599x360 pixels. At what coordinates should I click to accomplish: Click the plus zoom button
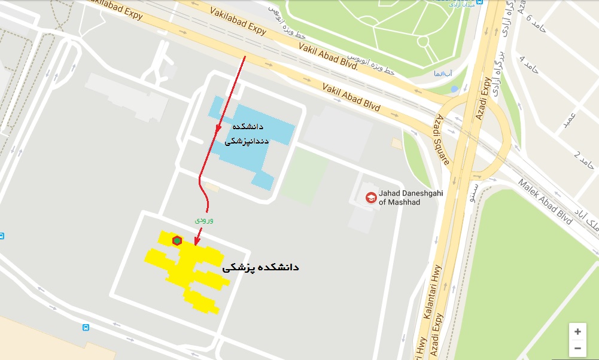click(x=577, y=331)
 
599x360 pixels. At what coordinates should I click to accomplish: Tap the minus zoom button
click(x=577, y=347)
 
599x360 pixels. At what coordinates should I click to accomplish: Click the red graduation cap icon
click(x=371, y=197)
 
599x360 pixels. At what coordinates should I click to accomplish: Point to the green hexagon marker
click(x=177, y=240)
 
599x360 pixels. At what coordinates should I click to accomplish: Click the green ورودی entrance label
click(x=205, y=220)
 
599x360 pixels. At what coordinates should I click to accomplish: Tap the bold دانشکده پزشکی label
click(x=260, y=267)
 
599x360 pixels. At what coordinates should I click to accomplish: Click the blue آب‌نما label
click(x=443, y=74)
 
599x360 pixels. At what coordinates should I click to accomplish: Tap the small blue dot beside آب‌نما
click(x=454, y=89)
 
